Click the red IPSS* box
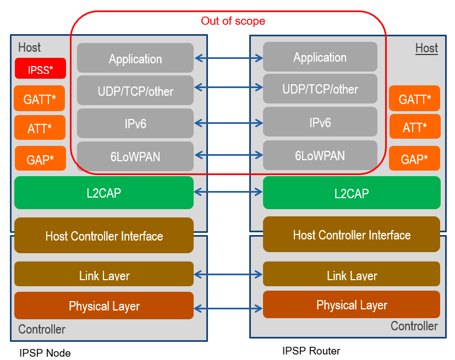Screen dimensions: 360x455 [x=40, y=69]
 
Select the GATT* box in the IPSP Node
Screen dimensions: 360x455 [x=40, y=99]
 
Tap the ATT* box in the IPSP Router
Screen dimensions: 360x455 [x=414, y=127]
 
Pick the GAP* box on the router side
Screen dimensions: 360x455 [x=414, y=159]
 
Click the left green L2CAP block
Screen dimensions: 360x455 [x=103, y=193]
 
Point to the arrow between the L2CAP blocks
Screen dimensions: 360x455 [x=228, y=192]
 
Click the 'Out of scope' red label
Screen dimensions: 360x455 [x=233, y=21]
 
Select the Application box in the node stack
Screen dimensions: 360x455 [x=135, y=58]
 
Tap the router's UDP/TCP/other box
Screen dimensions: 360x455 [x=320, y=89]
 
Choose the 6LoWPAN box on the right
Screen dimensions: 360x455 [x=320, y=155]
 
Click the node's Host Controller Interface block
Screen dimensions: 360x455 [x=103, y=236]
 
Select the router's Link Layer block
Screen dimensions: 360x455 [x=351, y=275]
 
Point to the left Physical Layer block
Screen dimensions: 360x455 [x=103, y=306]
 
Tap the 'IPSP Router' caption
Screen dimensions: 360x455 [x=311, y=351]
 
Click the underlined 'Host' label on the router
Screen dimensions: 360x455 [x=426, y=48]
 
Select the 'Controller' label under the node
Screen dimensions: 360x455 [x=42, y=329]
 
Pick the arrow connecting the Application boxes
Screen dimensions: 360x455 [x=228, y=57]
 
